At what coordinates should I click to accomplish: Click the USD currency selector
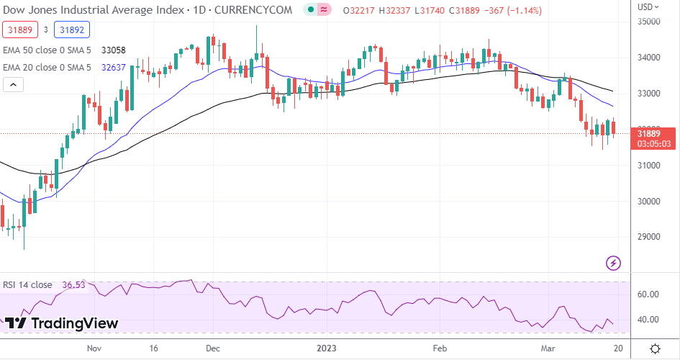(647, 6)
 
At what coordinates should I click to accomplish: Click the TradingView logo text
(65, 323)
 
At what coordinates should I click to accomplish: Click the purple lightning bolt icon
(614, 263)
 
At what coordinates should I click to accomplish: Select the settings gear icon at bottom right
(656, 348)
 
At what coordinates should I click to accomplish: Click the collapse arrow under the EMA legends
(12, 85)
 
